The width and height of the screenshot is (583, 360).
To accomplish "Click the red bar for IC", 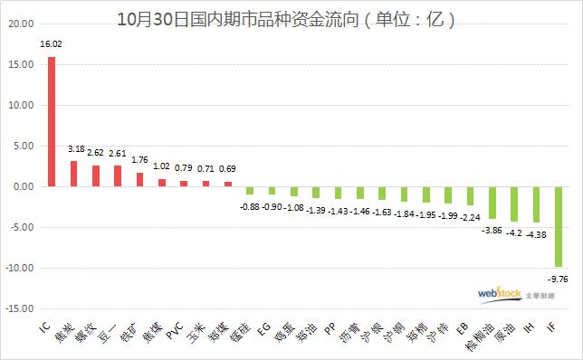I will click(x=51, y=121).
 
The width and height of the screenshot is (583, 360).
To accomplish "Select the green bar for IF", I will click(x=559, y=226).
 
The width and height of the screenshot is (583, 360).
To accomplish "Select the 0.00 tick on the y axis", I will click(x=22, y=186).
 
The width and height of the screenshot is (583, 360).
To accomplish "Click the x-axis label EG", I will click(x=263, y=325).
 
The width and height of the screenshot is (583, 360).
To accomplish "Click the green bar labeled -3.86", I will click(x=492, y=202).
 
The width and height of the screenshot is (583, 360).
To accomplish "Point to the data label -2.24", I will click(x=469, y=217).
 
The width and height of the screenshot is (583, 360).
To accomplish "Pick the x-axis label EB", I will click(x=462, y=325).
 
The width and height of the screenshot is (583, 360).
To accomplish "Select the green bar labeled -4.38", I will click(x=536, y=204).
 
